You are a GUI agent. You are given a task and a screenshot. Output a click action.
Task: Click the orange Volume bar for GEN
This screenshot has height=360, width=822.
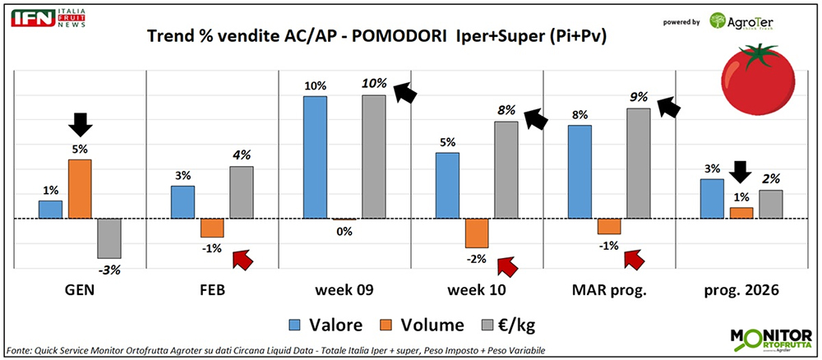coord(80,189)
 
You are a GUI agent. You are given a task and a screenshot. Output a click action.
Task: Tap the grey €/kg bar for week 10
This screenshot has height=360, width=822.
coord(506,170)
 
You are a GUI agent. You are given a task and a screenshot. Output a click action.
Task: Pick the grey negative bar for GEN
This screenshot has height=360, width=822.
coord(109,238)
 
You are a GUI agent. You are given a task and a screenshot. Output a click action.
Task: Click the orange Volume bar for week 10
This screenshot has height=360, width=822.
coord(477,233)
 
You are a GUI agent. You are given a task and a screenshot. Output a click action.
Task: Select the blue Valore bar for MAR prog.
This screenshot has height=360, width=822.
coord(580,172)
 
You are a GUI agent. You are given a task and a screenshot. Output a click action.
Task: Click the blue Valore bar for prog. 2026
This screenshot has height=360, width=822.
coord(713,199)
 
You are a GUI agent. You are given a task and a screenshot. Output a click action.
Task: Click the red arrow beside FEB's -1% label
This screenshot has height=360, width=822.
coord(243,259)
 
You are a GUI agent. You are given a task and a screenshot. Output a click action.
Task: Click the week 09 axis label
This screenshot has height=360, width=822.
coord(344,290)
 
